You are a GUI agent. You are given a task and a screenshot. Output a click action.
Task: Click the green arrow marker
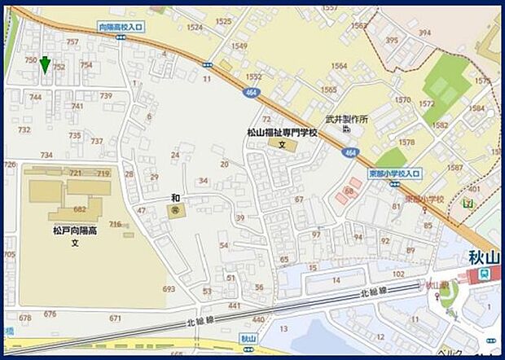46,65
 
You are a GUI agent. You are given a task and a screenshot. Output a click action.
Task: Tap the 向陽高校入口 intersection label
121,27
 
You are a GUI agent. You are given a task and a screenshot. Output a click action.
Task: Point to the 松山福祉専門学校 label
282,132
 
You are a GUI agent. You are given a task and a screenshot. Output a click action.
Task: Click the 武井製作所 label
346,119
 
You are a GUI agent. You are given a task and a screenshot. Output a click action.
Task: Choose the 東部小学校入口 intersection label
394,173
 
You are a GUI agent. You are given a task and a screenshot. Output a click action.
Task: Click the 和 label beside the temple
174,198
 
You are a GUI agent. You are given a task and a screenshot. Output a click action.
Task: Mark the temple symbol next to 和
175,210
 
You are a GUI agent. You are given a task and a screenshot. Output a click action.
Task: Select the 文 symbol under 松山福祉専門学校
282,144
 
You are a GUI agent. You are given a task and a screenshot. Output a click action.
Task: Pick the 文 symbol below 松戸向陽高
74,243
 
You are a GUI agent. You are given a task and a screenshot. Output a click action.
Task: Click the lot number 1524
194,27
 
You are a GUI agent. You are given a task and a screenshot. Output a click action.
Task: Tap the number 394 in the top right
424,33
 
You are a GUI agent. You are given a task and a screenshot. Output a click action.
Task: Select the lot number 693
169,288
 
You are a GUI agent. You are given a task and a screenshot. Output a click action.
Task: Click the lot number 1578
406,142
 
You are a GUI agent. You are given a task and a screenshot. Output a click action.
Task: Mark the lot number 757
72,42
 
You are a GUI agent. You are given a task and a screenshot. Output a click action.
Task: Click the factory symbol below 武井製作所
347,129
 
